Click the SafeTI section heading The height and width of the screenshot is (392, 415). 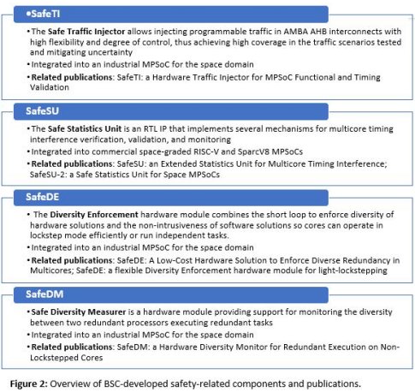pyautogui.click(x=40, y=14)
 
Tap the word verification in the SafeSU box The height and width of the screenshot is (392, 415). pyautogui.click(x=106, y=139)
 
